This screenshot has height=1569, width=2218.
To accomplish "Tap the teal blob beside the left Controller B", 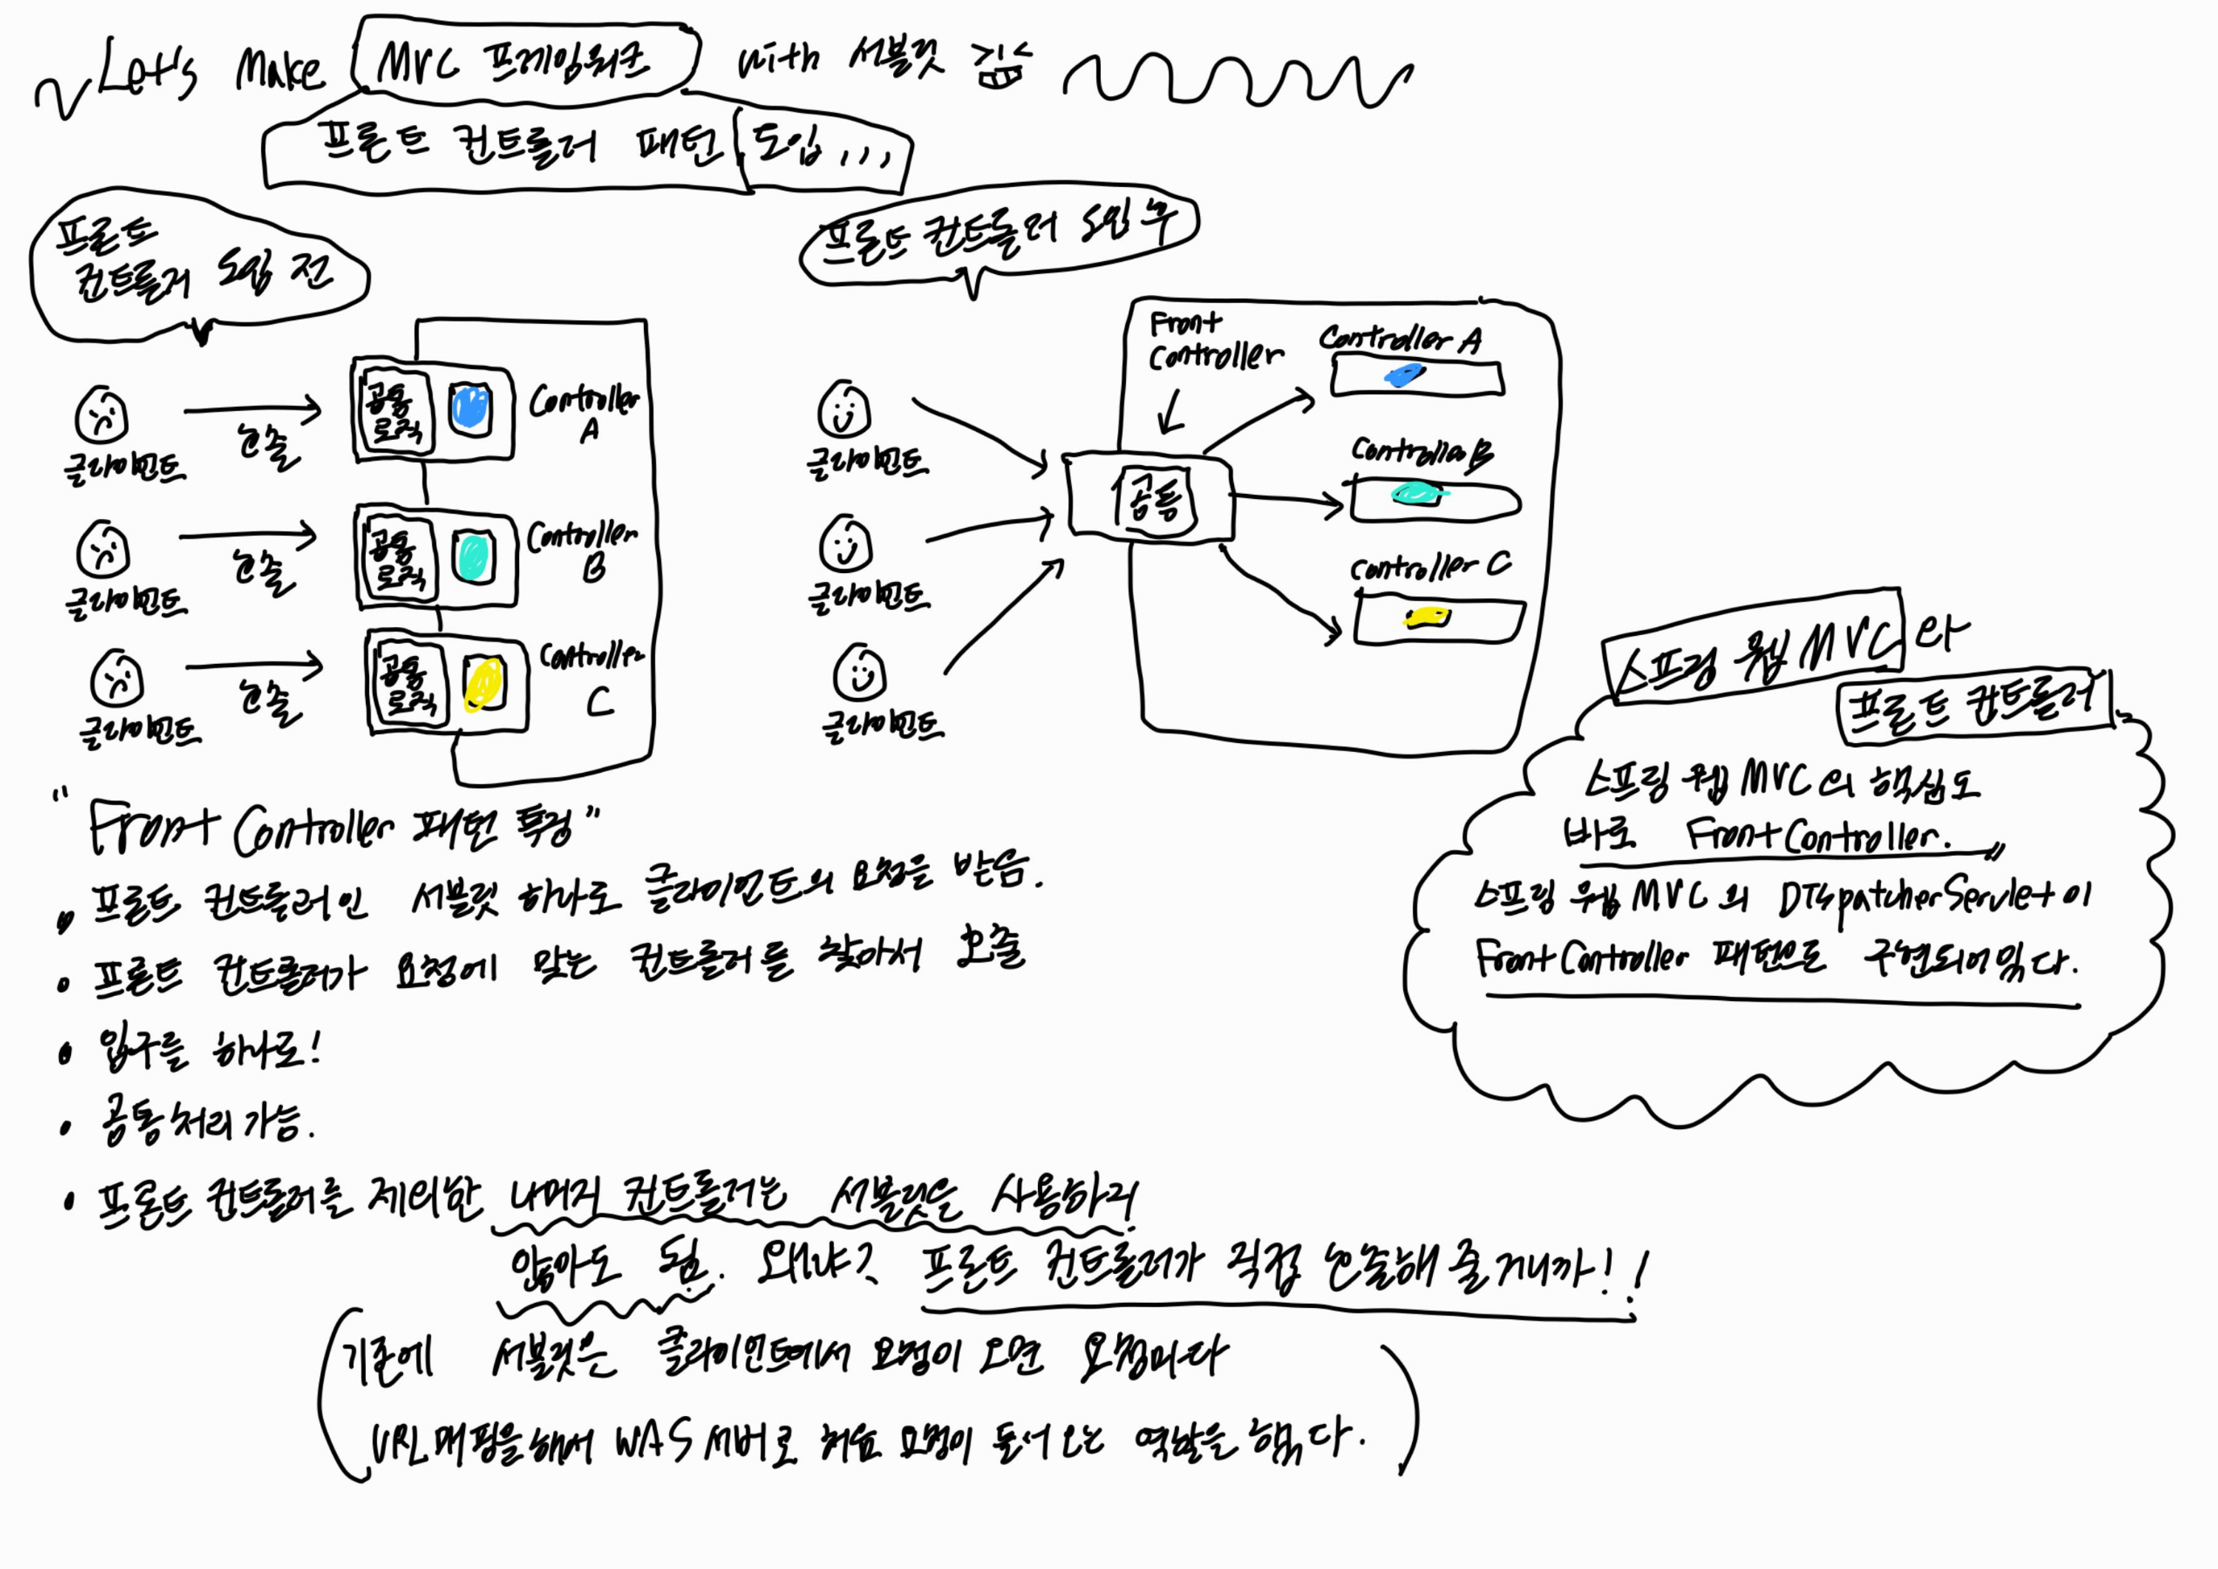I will (x=472, y=558).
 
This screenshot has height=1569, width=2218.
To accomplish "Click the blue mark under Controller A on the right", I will (x=1404, y=375).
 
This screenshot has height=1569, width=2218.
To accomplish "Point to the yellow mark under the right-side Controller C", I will (x=1427, y=617).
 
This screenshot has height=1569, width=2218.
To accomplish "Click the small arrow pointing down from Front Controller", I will (x=1172, y=413).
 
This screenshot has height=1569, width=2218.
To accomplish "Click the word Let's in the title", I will (x=148, y=70).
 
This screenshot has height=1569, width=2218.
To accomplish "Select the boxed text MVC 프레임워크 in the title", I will (x=522, y=60).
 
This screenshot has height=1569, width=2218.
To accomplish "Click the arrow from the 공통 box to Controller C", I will (x=1280, y=594).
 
